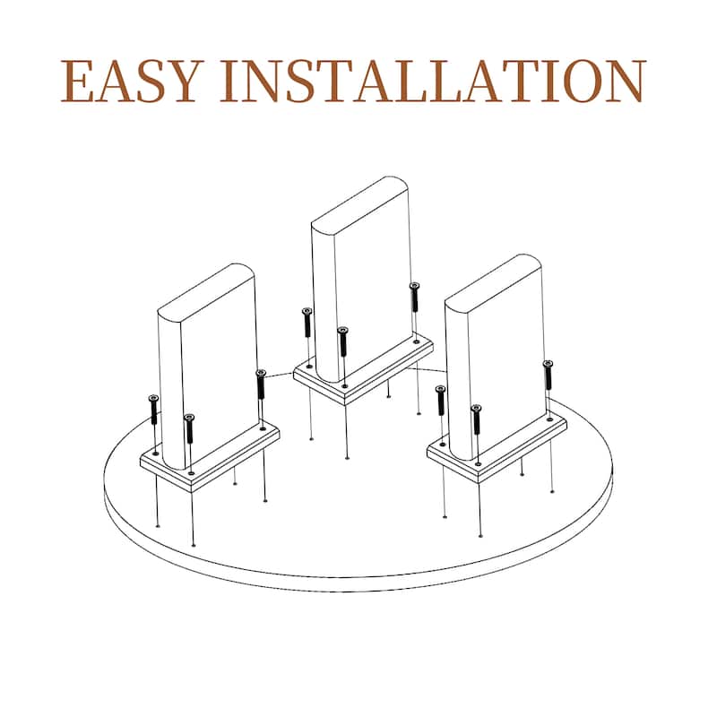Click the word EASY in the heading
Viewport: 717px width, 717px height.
pyautogui.click(x=132, y=81)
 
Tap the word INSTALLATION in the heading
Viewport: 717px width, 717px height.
pyautogui.click(x=433, y=81)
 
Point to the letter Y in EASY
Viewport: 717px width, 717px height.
pyautogui.click(x=185, y=81)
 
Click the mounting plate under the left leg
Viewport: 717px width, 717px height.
pyautogui.click(x=210, y=457)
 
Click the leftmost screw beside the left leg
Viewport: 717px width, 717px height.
pyautogui.click(x=153, y=410)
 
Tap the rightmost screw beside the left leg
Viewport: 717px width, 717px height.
pyautogui.click(x=261, y=384)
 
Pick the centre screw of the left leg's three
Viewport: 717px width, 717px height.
pyautogui.click(x=189, y=428)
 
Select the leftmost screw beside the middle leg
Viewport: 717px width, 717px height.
pyautogui.click(x=307, y=323)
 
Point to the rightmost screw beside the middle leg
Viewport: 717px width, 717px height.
pyautogui.click(x=414, y=298)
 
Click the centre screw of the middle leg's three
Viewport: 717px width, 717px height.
pyautogui.click(x=343, y=341)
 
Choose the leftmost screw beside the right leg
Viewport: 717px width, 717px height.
pyautogui.click(x=441, y=401)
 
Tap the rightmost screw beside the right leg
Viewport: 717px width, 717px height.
pyautogui.click(x=548, y=376)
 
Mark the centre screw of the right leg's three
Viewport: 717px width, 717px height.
pyautogui.click(x=477, y=419)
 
